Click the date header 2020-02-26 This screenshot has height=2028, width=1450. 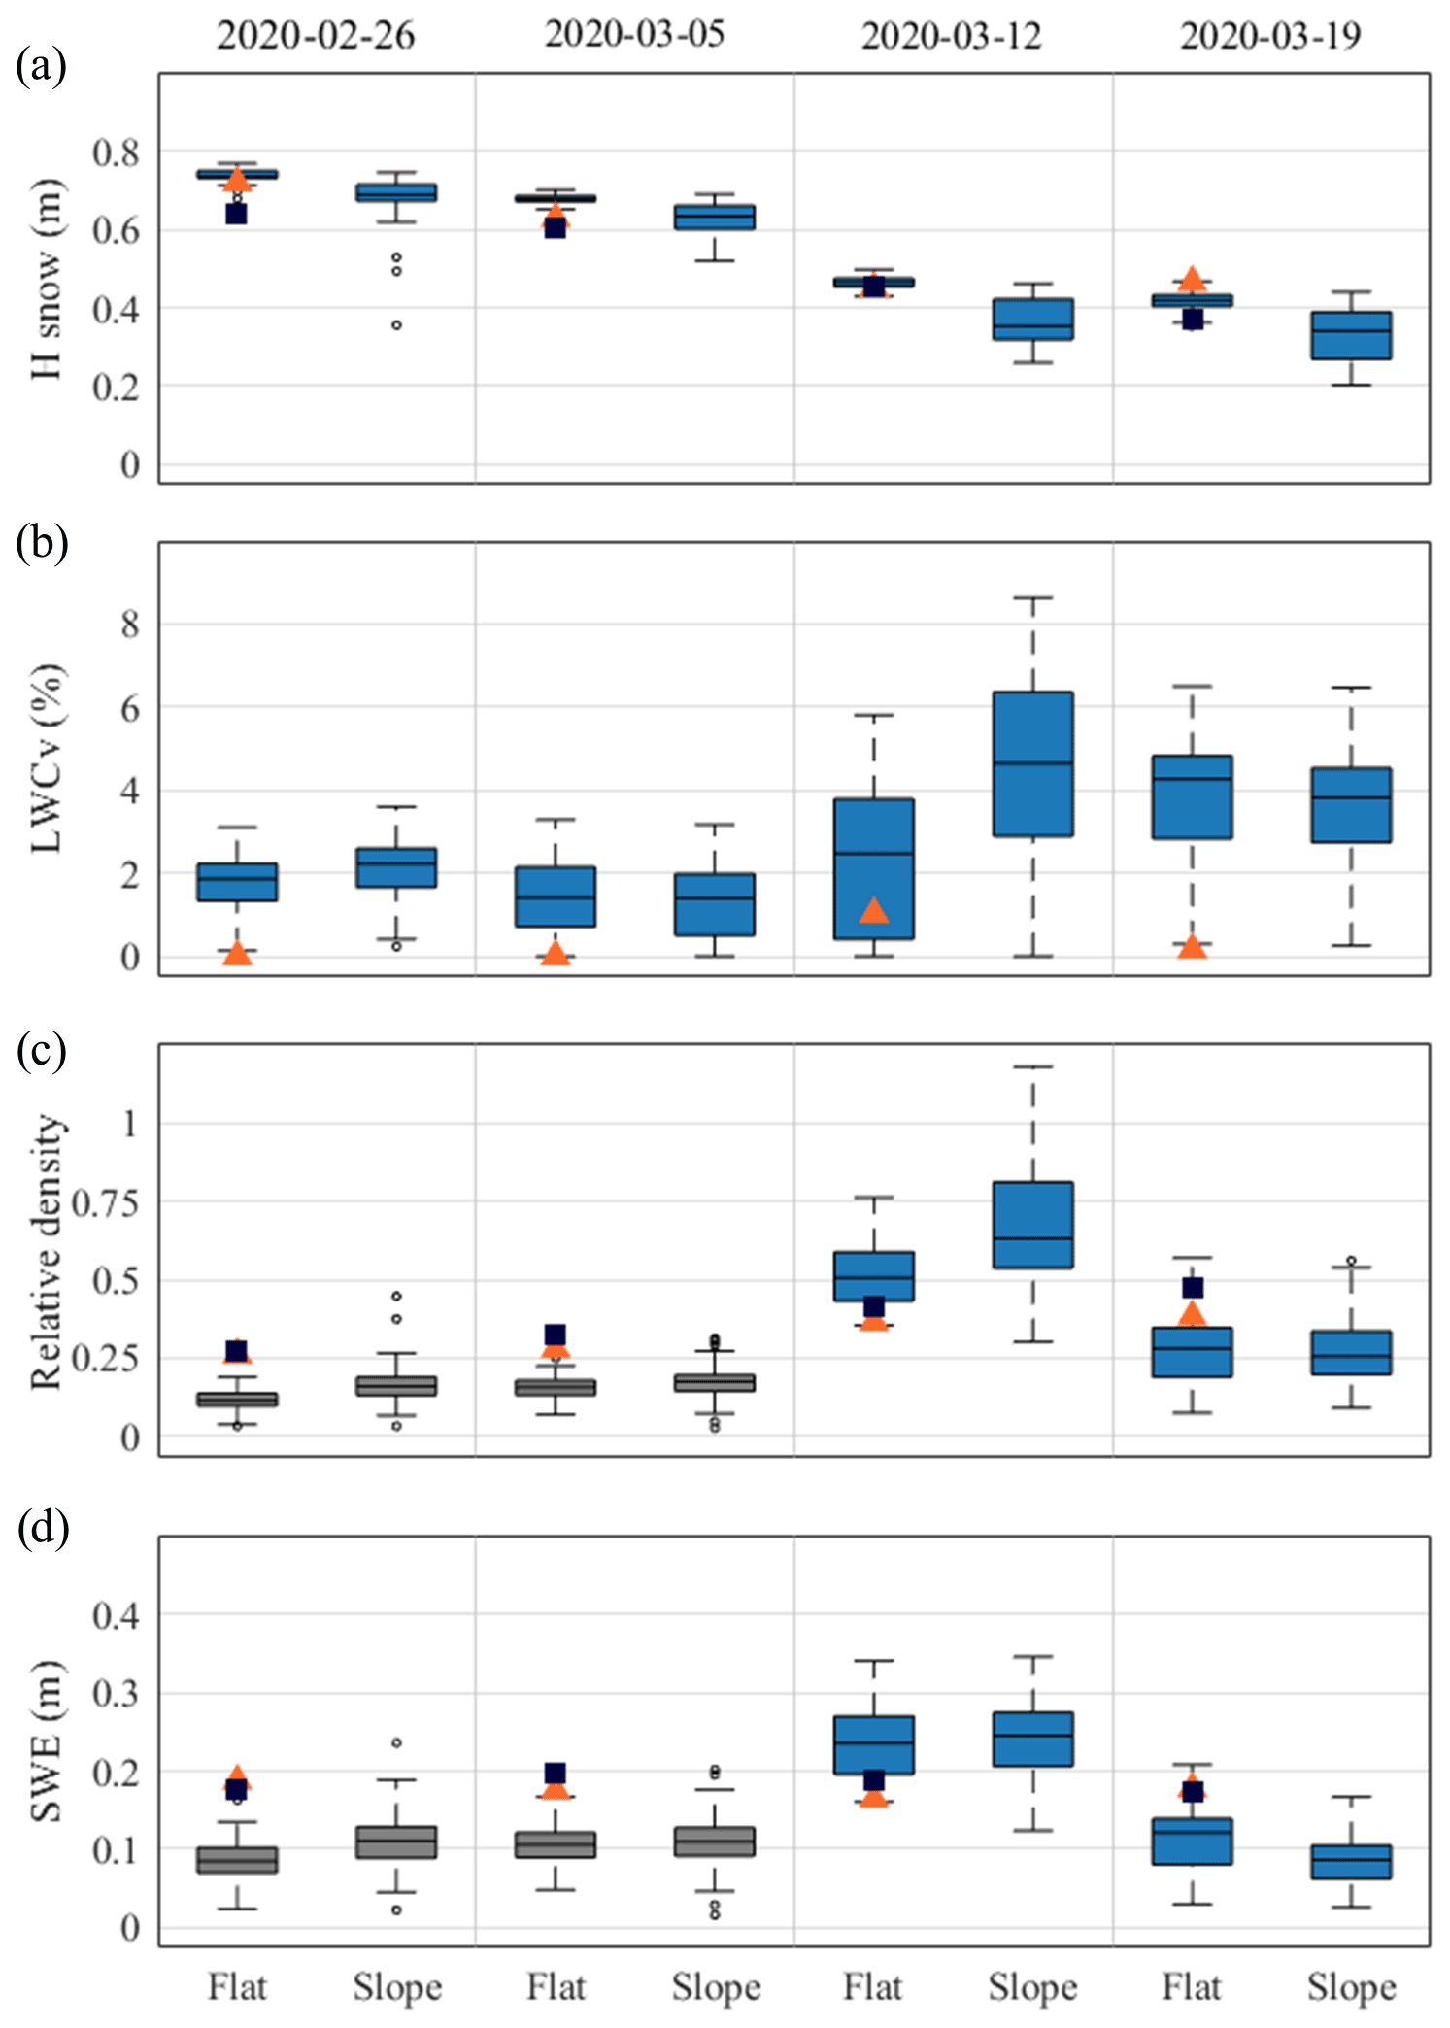click(x=315, y=36)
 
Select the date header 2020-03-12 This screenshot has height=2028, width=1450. click(x=951, y=36)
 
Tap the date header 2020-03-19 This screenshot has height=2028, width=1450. click(x=1270, y=36)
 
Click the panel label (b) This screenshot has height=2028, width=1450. click(x=42, y=542)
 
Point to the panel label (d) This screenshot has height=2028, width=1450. click(x=43, y=1528)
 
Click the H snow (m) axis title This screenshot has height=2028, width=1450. click(x=47, y=279)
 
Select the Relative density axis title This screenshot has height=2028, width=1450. click(x=47, y=1252)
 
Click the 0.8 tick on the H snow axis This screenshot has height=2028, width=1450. click(x=116, y=152)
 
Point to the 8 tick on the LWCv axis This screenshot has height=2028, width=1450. click(x=130, y=624)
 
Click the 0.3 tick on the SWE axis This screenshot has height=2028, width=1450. click(x=116, y=1693)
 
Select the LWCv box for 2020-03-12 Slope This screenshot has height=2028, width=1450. click(x=1032, y=763)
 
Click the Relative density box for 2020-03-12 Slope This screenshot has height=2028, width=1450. click(x=1032, y=1224)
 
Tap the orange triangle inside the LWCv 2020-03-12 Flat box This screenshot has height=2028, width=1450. click(x=874, y=910)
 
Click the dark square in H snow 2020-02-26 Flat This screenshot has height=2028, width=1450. click(x=236, y=214)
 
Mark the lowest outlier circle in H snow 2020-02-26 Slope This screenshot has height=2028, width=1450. click(x=396, y=325)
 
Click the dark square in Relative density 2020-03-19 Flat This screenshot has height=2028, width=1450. click(x=1193, y=1287)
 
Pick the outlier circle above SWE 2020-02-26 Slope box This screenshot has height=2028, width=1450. click(x=396, y=1742)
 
